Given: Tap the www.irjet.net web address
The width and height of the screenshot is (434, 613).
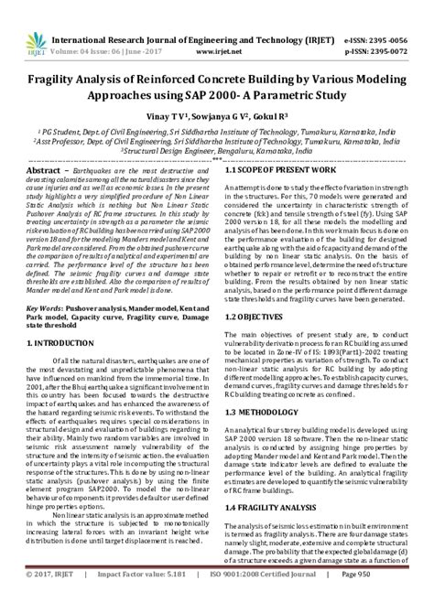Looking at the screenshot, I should coord(217,27).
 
